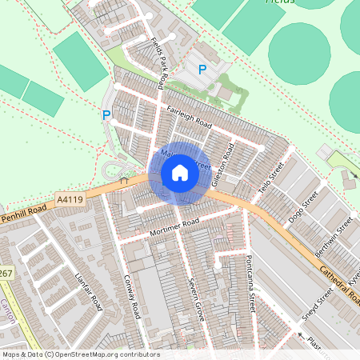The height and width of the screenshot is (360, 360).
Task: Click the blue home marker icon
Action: tap(180, 173)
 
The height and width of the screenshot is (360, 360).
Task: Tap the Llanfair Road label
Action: tap(88, 290)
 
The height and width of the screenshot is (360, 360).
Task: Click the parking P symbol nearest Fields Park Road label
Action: tap(202, 70)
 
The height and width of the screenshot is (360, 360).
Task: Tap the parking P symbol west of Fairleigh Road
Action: tap(106, 115)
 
